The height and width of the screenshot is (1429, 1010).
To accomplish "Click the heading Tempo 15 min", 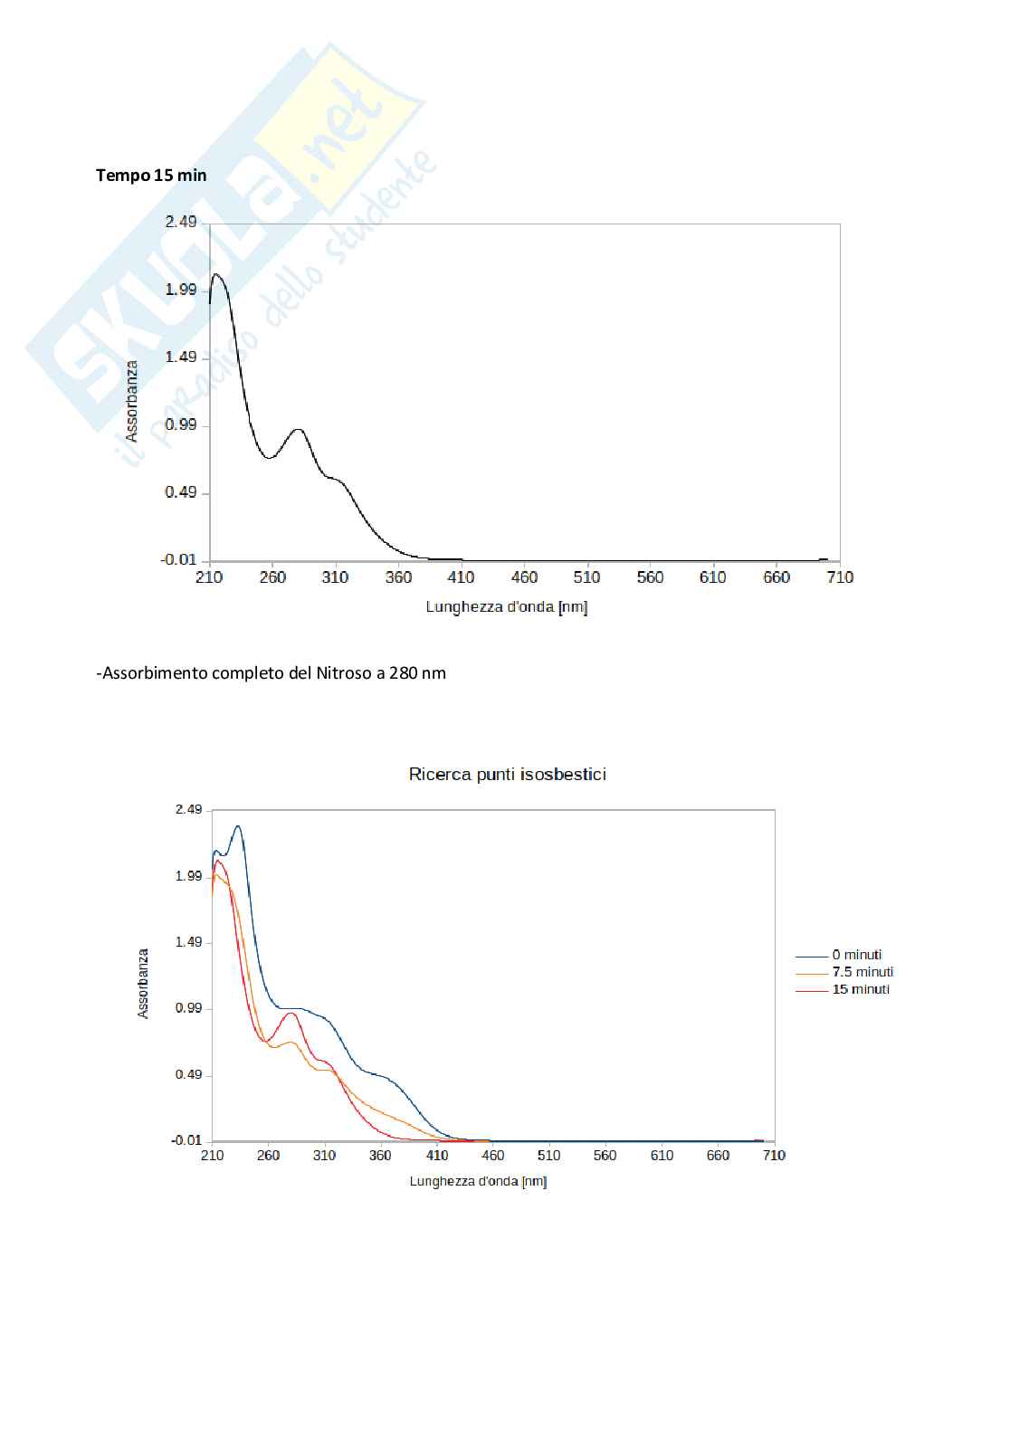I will (x=151, y=176).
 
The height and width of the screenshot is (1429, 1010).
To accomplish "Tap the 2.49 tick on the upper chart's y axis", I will (x=180, y=223).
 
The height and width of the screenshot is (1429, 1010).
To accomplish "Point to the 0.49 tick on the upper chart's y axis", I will (x=180, y=492).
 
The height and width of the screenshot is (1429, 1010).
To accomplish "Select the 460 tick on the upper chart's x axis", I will (x=524, y=577).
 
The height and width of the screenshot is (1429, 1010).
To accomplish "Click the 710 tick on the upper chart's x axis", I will (x=840, y=577).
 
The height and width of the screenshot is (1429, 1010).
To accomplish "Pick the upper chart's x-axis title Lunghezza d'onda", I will (x=506, y=607).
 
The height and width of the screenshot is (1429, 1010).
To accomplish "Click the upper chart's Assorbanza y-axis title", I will (x=132, y=401).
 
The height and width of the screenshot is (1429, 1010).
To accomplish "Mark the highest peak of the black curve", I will (x=216, y=273).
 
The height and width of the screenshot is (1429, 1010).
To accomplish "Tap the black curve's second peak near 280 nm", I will (x=298, y=429).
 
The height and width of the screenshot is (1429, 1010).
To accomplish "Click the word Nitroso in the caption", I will (x=342, y=673).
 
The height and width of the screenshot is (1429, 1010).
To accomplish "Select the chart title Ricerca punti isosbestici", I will (x=507, y=775).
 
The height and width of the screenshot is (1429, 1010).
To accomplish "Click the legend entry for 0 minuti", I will (x=856, y=955).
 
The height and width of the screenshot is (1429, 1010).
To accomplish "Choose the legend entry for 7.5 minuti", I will (x=862, y=972).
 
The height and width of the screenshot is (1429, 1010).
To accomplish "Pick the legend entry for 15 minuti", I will (x=861, y=989).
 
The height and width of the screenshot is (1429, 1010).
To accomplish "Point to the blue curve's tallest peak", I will (x=237, y=826).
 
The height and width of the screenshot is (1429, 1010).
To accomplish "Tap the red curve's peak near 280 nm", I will (x=291, y=1013).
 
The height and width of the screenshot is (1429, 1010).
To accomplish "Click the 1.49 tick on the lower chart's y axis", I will (x=188, y=942).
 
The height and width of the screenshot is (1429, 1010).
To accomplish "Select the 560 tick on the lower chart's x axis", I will (x=605, y=1156).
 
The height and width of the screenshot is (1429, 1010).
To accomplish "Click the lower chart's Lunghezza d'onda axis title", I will (x=478, y=1182).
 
